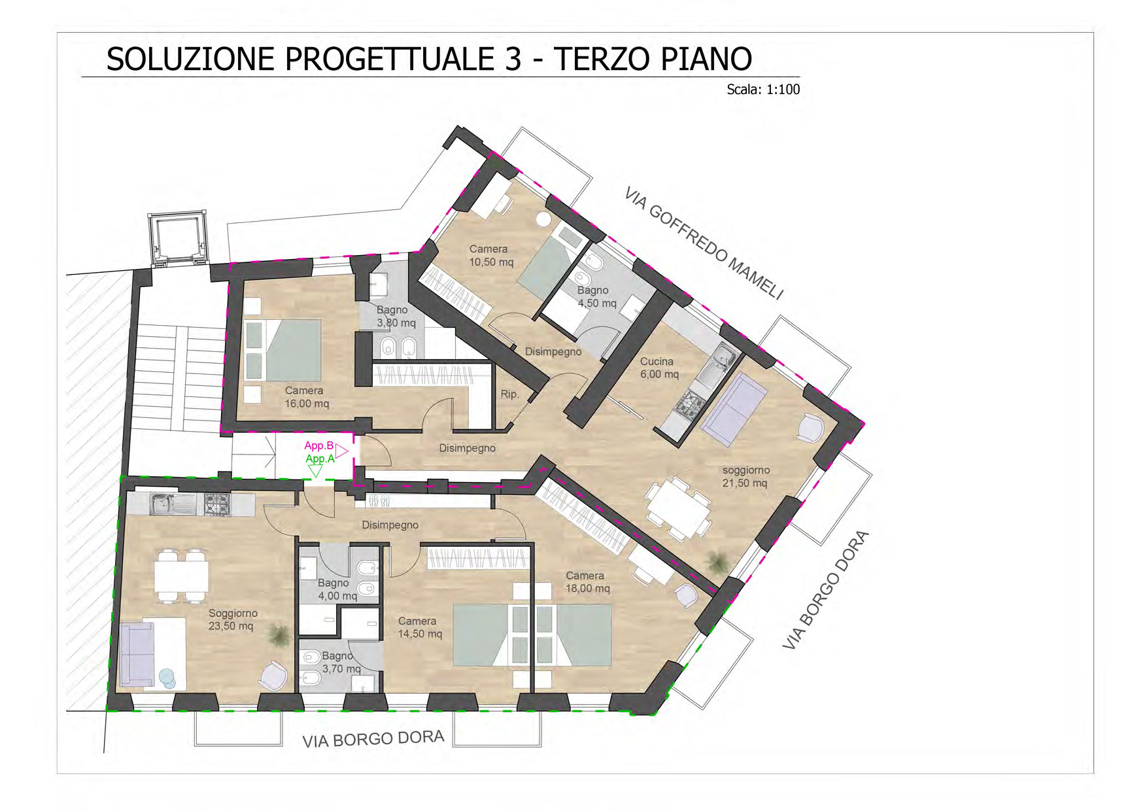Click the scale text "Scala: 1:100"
(x=763, y=90)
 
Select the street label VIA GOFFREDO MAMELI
(x=704, y=243)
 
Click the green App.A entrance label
(x=320, y=459)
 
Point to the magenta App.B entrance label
(x=319, y=446)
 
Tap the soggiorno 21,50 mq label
(x=745, y=477)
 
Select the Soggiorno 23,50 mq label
(x=232, y=619)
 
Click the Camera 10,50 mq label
(x=490, y=256)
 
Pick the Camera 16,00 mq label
(x=306, y=397)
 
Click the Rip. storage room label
(x=509, y=394)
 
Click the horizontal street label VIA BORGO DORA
(x=373, y=739)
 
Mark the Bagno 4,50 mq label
(x=596, y=297)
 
